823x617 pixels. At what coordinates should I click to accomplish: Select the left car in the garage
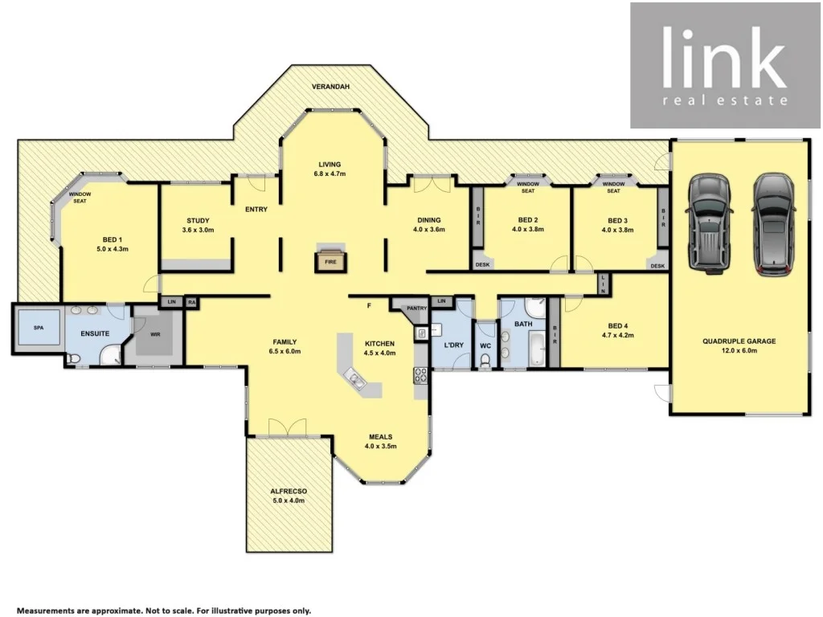point(708,223)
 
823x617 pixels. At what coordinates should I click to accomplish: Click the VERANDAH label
point(331,86)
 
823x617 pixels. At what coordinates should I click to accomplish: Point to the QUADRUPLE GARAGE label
point(739,341)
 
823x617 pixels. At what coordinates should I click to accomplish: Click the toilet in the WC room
point(483,360)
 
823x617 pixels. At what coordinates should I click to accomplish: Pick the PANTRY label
point(416,308)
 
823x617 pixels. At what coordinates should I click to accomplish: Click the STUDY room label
point(198,221)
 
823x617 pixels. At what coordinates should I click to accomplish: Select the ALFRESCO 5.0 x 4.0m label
point(288,495)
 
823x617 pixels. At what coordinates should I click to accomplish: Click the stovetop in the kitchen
point(420,374)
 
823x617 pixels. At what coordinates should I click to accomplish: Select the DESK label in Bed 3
point(657,265)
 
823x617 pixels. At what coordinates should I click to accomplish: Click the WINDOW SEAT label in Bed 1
point(80,198)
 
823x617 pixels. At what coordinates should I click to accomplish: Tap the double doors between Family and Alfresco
point(288,428)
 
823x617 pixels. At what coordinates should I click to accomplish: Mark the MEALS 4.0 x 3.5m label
point(380,441)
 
